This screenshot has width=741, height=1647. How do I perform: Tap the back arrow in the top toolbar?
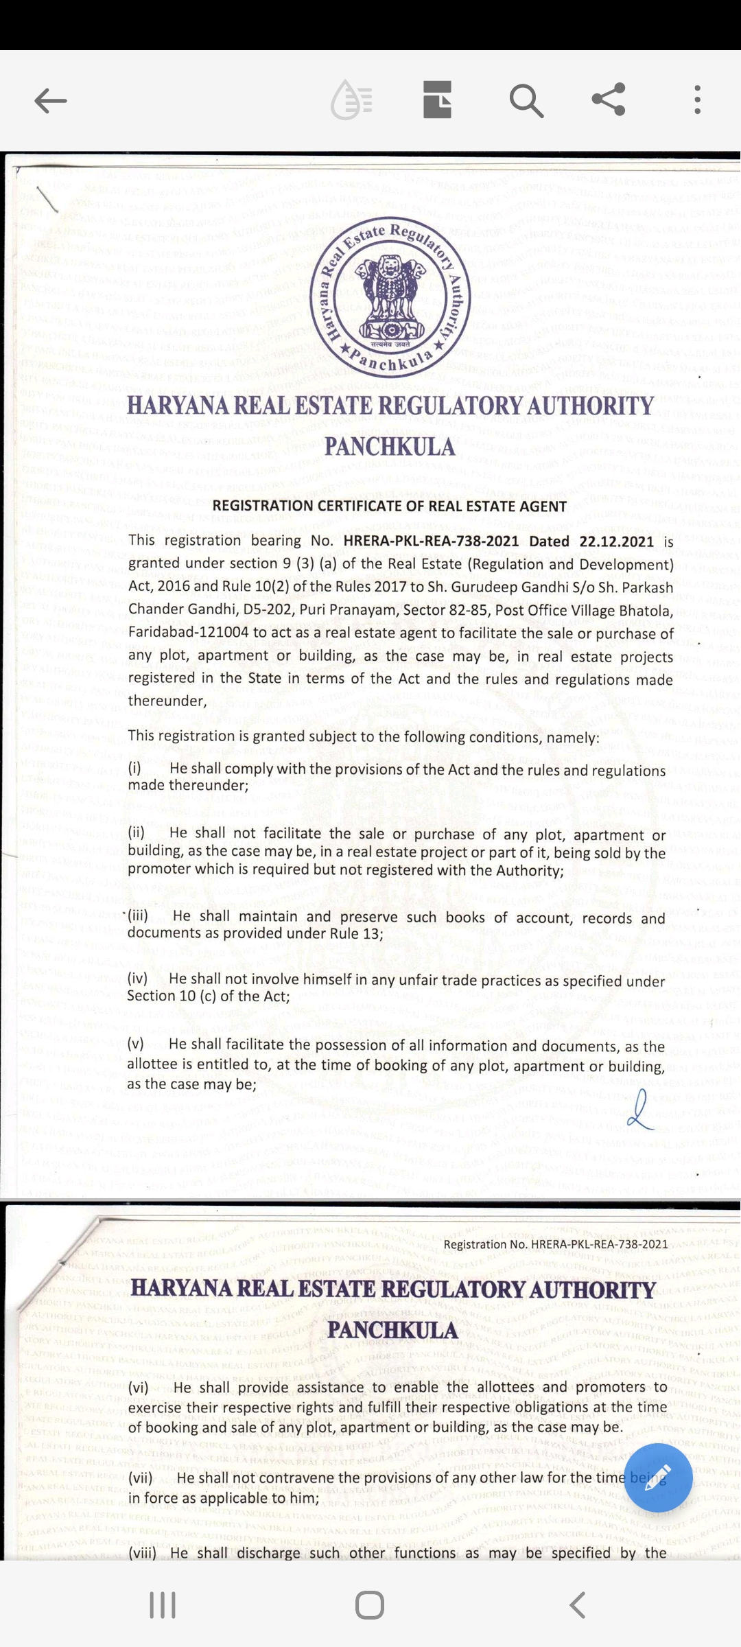pyautogui.click(x=51, y=101)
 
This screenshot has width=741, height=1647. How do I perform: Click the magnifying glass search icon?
pyautogui.click(x=526, y=101)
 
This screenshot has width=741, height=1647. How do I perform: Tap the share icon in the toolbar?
pyautogui.click(x=609, y=99)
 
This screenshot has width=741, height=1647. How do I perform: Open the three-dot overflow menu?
pyautogui.click(x=697, y=100)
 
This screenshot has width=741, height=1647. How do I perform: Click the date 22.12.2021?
pyautogui.click(x=617, y=541)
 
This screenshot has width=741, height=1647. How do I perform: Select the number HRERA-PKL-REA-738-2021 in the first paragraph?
pyautogui.click(x=431, y=541)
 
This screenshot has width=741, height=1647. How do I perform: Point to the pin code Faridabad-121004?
pyautogui.click(x=189, y=632)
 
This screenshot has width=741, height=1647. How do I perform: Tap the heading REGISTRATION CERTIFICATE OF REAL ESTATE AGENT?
pyautogui.click(x=390, y=506)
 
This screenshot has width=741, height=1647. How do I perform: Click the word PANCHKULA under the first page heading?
pyautogui.click(x=390, y=447)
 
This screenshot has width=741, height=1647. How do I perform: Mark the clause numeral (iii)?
pyautogui.click(x=138, y=915)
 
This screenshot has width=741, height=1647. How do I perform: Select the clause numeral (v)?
pyautogui.click(x=136, y=1044)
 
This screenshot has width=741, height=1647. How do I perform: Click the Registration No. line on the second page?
pyautogui.click(x=556, y=1244)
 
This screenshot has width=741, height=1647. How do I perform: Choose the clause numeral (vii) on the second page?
pyautogui.click(x=142, y=1478)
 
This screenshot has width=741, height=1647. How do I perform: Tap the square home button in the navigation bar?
pyautogui.click(x=370, y=1605)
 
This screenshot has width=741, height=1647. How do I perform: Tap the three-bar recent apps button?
pyautogui.click(x=163, y=1605)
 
